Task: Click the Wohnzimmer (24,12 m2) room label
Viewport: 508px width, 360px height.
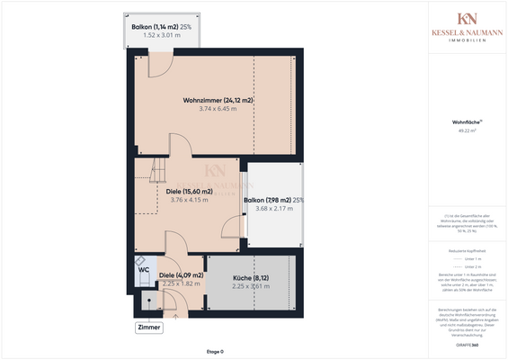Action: (217, 99)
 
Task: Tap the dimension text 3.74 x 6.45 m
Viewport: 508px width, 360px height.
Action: (217, 108)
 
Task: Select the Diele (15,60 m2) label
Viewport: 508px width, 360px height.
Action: (190, 191)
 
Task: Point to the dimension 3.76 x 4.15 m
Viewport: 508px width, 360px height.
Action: (190, 200)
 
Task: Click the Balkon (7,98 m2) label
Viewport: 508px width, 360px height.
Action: (273, 200)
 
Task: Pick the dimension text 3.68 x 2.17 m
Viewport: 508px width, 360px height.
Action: (274, 209)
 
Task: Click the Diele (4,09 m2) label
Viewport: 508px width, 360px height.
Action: (180, 275)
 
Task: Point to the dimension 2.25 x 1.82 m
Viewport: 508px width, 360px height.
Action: (180, 284)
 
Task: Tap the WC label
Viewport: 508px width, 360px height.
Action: (144, 268)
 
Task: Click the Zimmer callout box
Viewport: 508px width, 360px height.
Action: (149, 328)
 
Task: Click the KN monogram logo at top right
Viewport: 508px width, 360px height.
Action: (467, 20)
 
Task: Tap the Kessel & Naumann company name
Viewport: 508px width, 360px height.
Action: (467, 33)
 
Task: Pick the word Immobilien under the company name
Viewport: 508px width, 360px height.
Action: (467, 41)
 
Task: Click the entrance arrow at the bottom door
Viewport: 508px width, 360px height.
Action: (172, 315)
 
